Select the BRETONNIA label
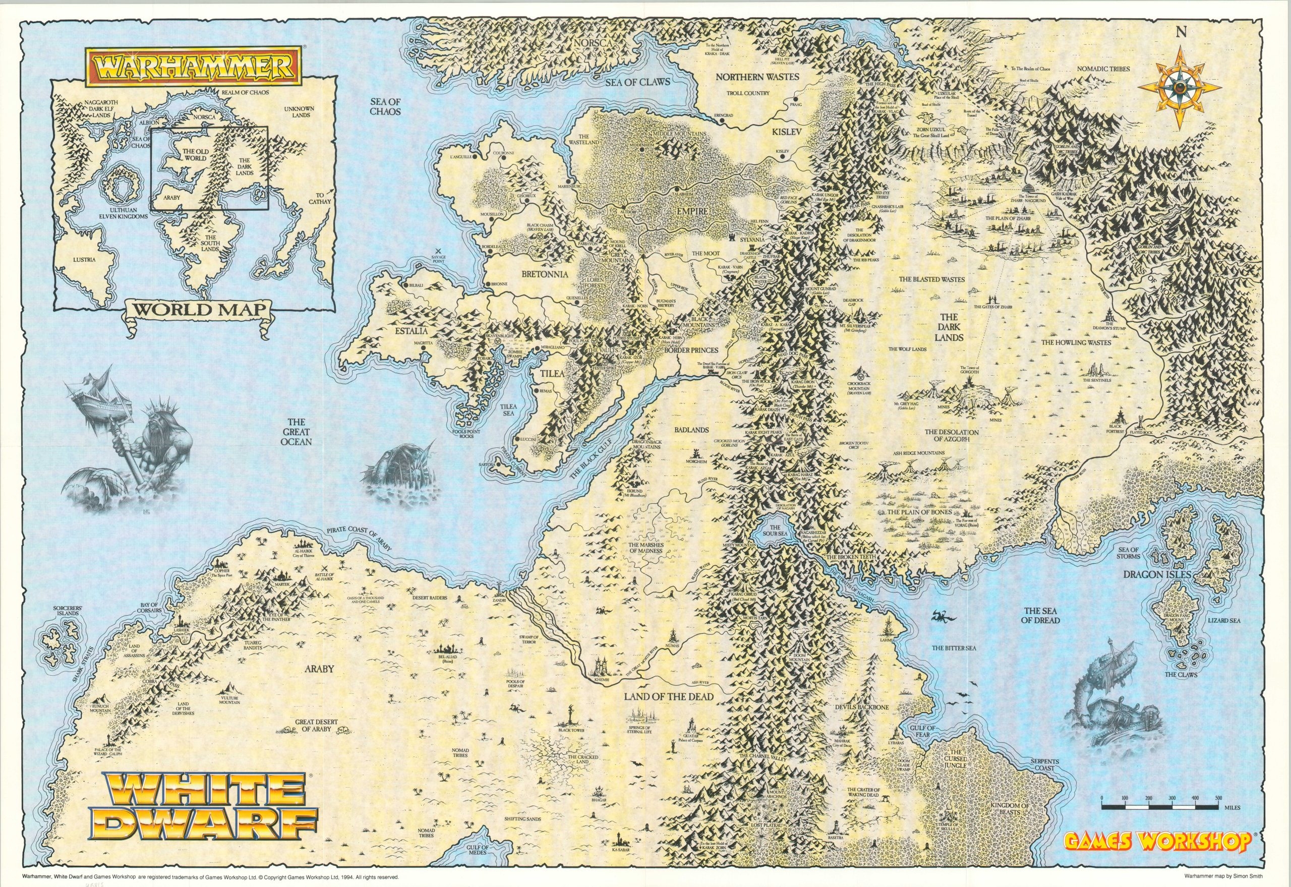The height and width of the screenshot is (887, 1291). (537, 274)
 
